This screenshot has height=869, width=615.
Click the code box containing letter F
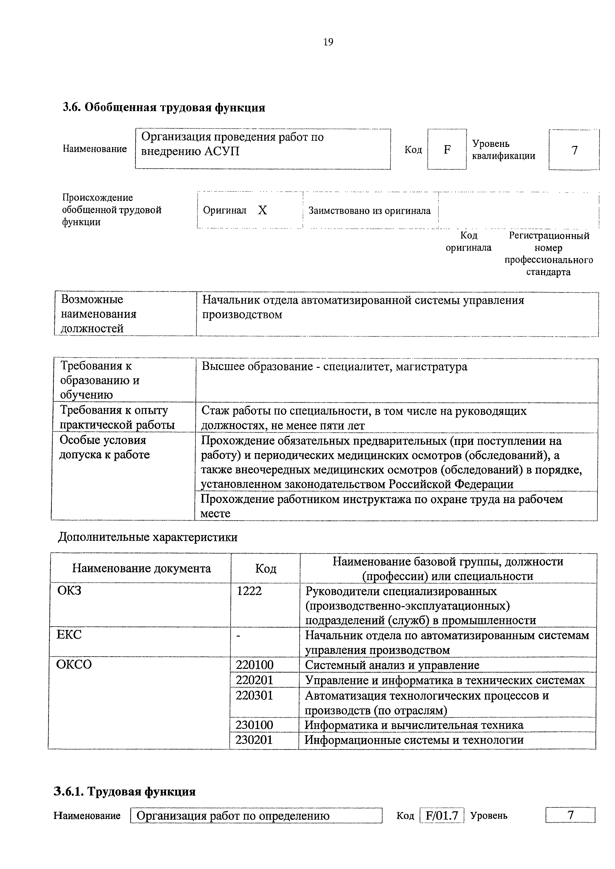click(447, 150)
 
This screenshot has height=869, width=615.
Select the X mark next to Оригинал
click(262, 210)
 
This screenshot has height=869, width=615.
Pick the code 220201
click(254, 680)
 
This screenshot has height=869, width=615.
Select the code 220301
click(254, 696)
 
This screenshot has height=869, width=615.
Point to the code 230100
click(254, 725)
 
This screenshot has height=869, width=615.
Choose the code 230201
click(254, 740)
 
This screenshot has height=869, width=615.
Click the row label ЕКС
click(69, 635)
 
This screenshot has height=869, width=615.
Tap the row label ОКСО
click(74, 665)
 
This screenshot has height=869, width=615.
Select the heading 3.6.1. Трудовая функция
click(125, 792)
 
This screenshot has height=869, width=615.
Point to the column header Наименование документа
click(141, 569)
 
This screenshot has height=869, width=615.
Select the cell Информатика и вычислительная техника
click(414, 725)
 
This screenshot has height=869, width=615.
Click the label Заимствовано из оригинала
click(369, 211)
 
